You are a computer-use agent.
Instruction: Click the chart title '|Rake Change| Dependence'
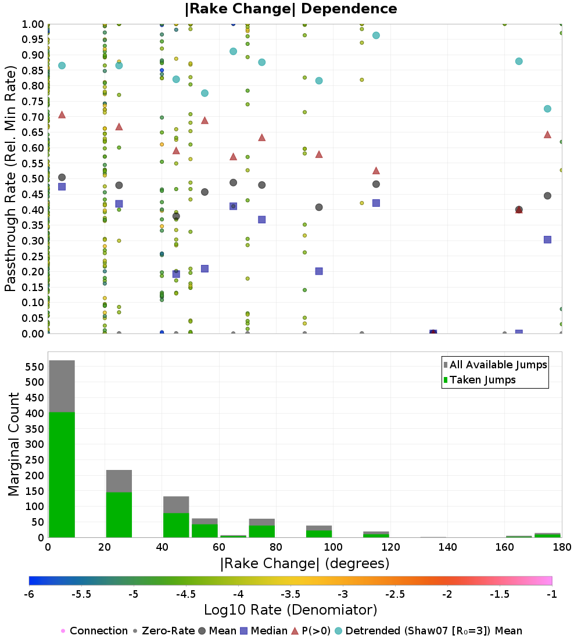(290, 9)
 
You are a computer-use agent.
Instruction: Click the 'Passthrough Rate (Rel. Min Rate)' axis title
(10, 178)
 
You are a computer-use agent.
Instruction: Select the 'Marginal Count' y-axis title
(13, 444)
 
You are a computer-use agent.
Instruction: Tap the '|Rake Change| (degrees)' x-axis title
(305, 563)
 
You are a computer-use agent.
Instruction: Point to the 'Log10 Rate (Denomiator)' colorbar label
(290, 609)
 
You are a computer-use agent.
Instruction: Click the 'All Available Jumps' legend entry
(495, 365)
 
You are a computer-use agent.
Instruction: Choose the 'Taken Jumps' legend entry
(479, 380)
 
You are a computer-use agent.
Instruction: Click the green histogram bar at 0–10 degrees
(62, 475)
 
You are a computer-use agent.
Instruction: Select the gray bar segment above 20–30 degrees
(119, 482)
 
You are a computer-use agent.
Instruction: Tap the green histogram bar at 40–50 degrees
(176, 525)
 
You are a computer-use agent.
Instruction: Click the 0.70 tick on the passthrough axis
(33, 117)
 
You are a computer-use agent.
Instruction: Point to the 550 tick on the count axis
(35, 367)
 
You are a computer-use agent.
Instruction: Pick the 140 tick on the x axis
(448, 547)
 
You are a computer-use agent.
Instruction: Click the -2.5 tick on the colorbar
(395, 594)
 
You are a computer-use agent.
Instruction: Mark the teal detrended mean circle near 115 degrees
(376, 35)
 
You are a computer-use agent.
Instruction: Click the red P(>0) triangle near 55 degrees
(205, 120)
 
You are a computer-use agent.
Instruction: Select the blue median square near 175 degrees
(547, 239)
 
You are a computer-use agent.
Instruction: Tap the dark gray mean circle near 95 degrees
(319, 207)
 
